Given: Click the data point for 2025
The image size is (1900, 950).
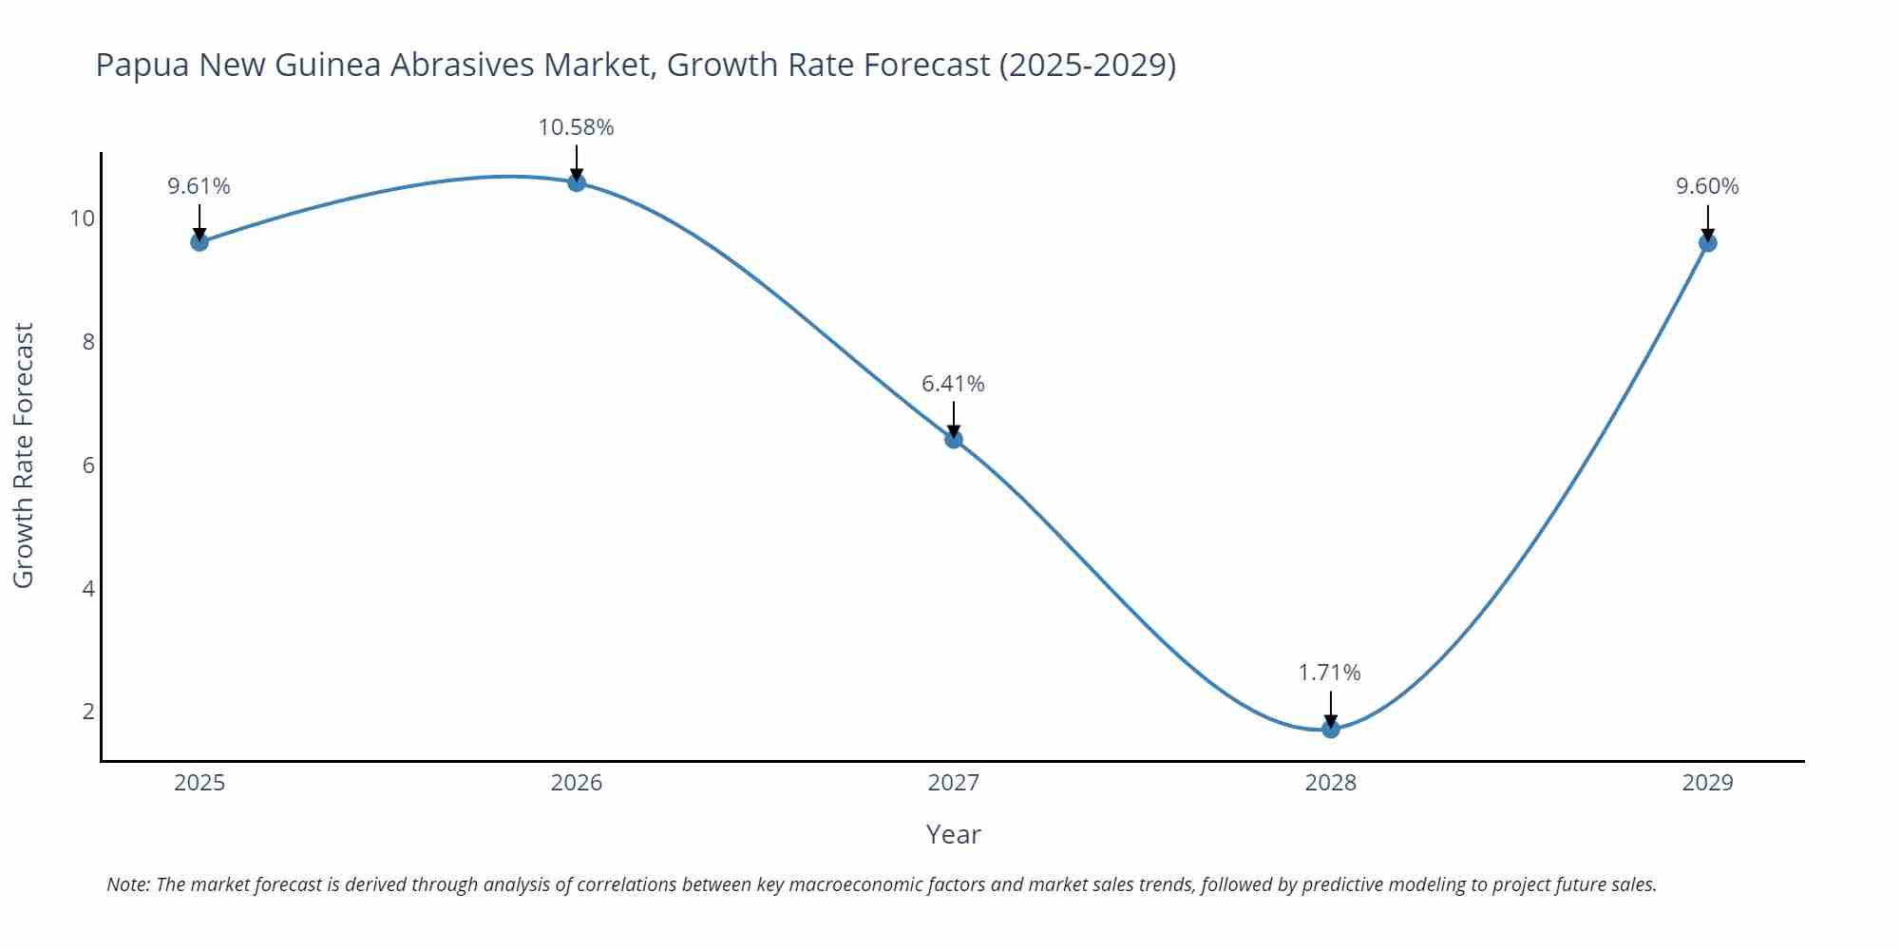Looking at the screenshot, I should [199, 242].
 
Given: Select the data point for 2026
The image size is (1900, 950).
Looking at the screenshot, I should [577, 182].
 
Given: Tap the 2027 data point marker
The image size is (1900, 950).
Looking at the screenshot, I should [954, 439].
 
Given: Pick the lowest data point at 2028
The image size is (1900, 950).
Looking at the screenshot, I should [1331, 729].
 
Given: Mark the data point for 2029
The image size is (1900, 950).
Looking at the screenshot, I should [1707, 243].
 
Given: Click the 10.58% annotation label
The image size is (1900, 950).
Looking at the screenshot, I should [576, 127].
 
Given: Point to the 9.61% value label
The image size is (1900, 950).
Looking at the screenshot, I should [199, 186].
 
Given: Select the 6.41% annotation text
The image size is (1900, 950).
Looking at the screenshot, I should [953, 384].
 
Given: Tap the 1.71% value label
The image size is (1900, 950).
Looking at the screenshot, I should [1329, 673].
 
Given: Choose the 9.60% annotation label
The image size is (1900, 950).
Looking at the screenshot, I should [1707, 186].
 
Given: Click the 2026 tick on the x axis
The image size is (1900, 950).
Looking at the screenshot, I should [577, 783].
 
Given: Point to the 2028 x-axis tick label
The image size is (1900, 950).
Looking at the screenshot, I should [1330, 783].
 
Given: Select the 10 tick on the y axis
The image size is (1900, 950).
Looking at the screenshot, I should [83, 218].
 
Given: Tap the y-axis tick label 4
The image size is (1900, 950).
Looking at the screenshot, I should [89, 589].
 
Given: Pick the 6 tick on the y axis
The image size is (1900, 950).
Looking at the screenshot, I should [89, 465].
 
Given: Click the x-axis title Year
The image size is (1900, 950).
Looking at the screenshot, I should [953, 834].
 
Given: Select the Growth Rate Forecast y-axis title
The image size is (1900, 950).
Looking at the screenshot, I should [24, 455].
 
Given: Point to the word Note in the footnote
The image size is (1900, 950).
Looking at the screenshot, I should [127, 884].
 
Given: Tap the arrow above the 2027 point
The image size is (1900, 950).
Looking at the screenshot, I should [954, 418].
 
